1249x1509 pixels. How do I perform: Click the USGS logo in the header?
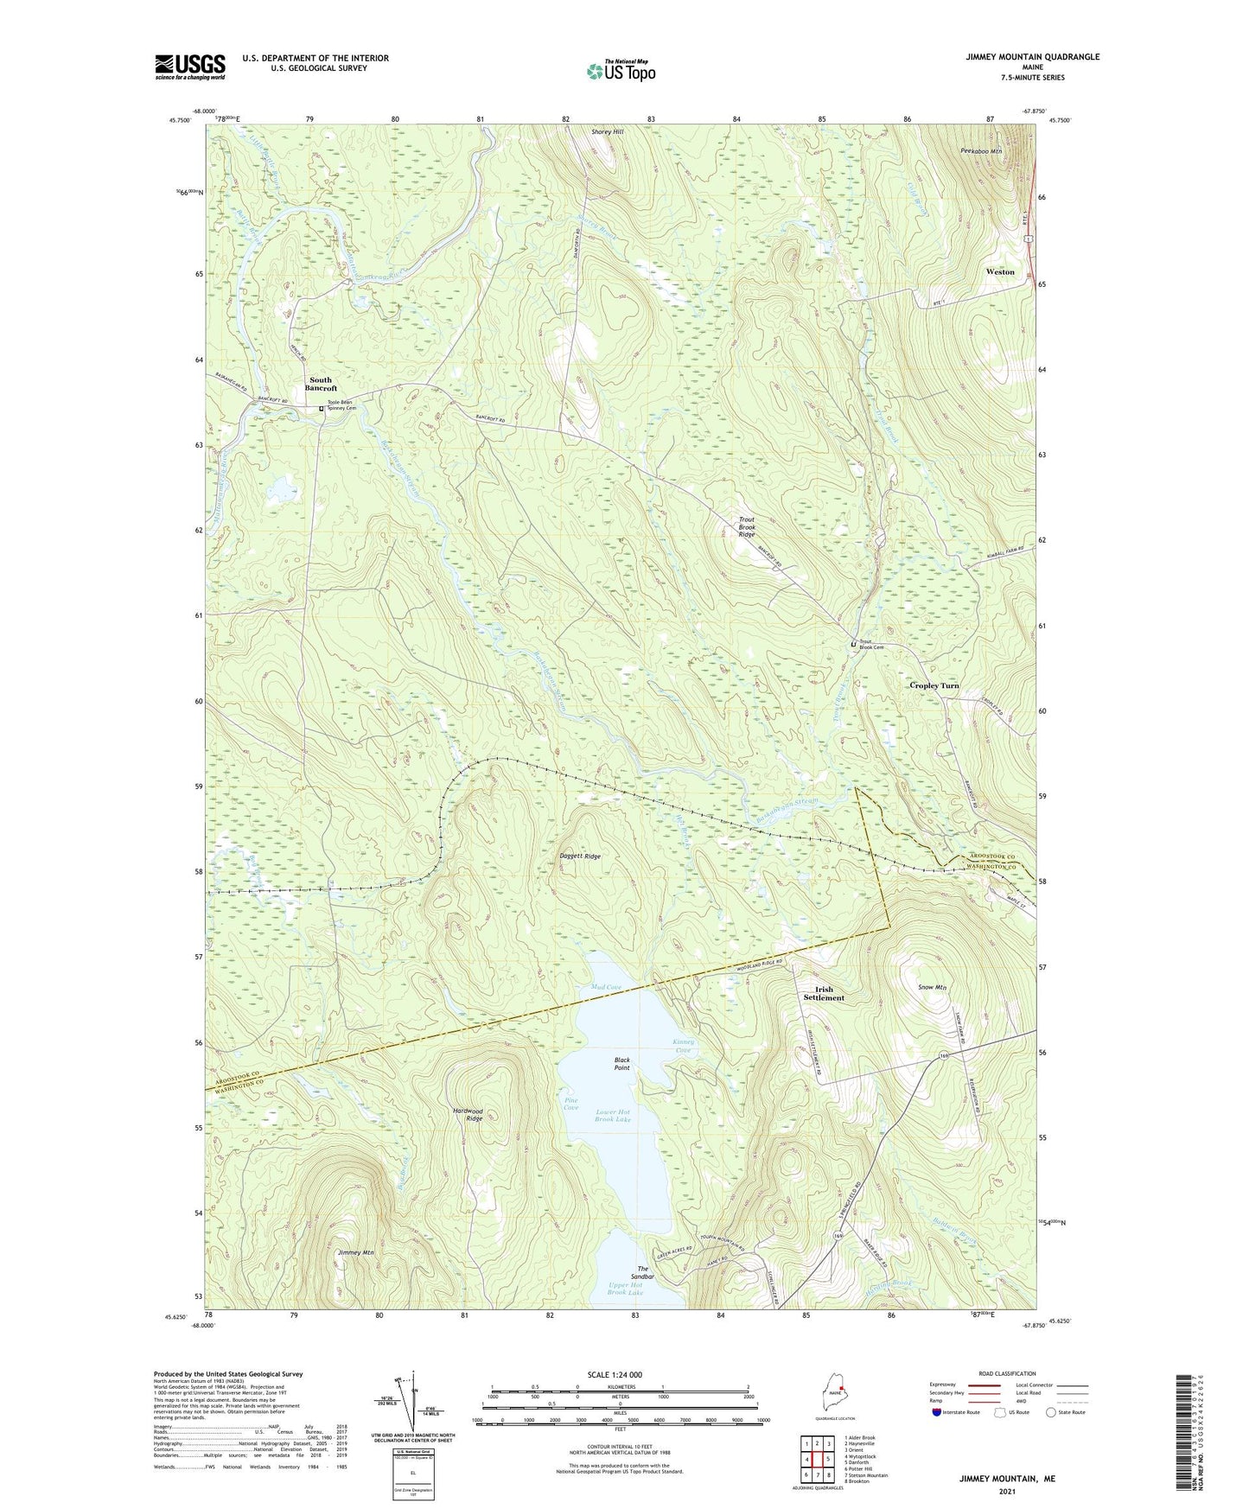coord(190,67)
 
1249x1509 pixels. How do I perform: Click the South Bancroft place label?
coord(321,384)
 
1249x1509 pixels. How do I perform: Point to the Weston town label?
coord(1000,271)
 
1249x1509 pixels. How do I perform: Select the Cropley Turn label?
coord(934,685)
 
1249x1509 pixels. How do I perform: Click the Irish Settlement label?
coord(823,993)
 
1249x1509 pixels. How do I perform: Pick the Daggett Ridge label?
coord(580,856)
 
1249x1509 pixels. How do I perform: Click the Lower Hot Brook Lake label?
coord(613,1115)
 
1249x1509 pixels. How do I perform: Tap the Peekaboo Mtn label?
coord(981,150)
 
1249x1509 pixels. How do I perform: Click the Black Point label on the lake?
coord(621,1063)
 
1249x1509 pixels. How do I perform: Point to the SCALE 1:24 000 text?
coord(614,1374)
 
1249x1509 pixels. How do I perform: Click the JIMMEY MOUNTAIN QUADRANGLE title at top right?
coord(1033,57)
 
